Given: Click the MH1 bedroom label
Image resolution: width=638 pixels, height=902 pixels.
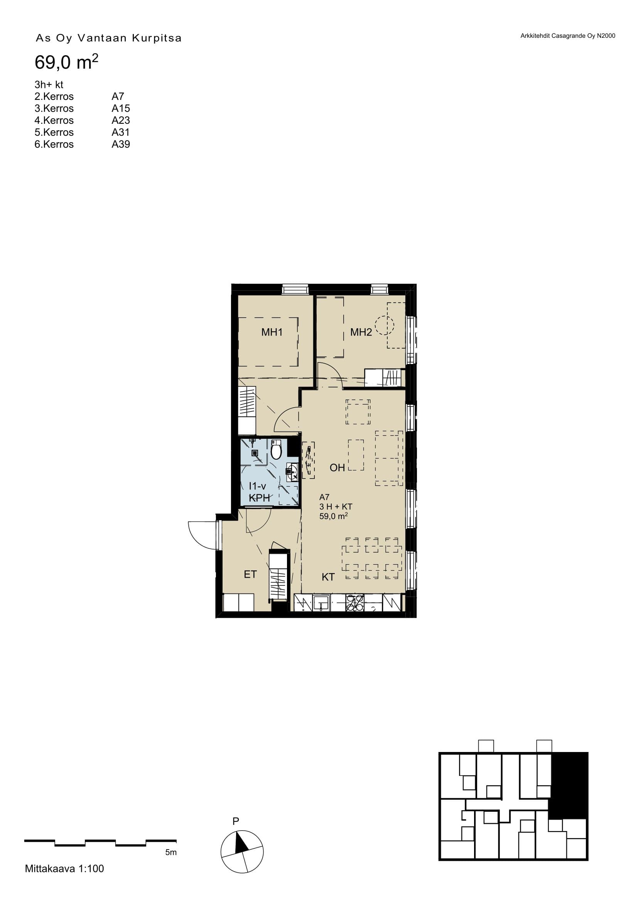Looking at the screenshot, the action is coord(272,332).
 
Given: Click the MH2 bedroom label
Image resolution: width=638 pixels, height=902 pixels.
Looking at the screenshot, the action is coord(361,332).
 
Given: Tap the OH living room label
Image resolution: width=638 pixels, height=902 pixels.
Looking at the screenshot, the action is coord(337,467).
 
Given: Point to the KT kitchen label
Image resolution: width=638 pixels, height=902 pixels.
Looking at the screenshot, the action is coord(328,577).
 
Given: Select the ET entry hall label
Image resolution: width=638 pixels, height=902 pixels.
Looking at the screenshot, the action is coord(250,574).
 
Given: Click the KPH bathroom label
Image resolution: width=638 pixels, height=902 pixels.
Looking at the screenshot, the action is coord(259,498).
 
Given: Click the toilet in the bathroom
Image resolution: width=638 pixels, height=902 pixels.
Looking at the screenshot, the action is coord(276,450).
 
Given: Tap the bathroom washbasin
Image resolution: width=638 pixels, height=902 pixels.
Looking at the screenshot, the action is coord(292,472).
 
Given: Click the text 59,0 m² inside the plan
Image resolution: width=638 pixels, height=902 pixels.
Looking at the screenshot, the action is coord(333,516).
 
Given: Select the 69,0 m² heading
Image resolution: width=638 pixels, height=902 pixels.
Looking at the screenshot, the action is coord(66,62).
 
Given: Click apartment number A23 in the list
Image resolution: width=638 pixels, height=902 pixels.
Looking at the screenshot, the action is coord(121,120).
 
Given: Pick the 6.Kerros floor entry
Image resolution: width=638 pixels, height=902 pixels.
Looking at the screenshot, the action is coord(54,144).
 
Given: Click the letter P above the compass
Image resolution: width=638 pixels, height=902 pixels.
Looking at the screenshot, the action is coord(236,821).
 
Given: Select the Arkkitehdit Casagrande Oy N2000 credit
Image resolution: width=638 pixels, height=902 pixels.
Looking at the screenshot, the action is coord(568,36).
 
